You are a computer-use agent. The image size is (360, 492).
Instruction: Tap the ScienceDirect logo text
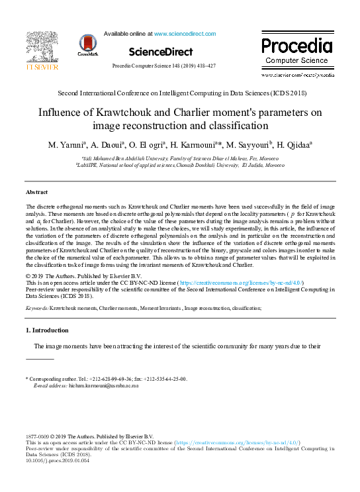[161, 52]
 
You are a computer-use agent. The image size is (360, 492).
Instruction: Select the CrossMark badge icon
[87, 45]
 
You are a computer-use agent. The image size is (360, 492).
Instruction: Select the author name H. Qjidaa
[294, 144]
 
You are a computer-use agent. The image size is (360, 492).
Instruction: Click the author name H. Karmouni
[197, 144]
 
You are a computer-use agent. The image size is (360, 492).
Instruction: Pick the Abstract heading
[36, 192]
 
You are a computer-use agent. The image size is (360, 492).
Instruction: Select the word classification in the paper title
[235, 125]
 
